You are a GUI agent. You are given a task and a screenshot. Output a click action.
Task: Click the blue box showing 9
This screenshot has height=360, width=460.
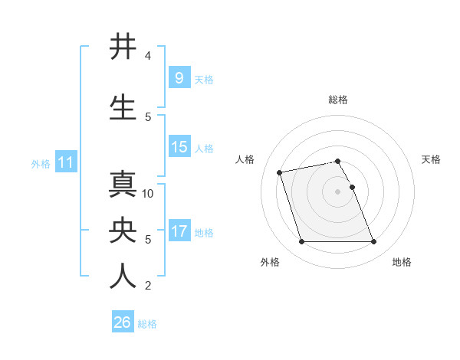point(179,78)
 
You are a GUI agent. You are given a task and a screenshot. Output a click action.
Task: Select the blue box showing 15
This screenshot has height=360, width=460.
point(179,147)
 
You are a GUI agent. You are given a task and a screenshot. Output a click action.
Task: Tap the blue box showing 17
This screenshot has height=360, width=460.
point(179,231)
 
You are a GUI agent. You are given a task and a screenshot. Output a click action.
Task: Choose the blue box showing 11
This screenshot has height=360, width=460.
point(66,162)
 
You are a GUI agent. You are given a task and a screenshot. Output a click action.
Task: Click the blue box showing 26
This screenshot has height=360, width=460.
point(122,322)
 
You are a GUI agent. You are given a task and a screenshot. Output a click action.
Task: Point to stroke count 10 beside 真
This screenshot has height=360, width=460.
point(149,193)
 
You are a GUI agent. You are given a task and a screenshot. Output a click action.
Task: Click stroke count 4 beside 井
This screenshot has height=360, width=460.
point(148,56)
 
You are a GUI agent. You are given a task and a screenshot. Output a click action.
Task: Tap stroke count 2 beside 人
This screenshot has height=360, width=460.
point(148,286)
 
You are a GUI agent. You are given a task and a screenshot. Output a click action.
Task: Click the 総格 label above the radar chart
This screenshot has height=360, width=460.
point(338,100)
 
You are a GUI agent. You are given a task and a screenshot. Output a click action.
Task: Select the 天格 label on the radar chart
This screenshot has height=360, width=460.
point(431,159)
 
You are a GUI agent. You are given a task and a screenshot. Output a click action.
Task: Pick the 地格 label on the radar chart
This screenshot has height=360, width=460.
point(402,262)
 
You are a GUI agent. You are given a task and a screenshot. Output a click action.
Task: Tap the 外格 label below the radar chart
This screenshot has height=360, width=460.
point(270,262)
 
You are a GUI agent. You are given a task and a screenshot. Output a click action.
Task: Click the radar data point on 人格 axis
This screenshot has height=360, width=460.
point(280,172)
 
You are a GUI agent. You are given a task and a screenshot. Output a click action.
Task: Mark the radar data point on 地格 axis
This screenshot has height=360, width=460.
point(373,242)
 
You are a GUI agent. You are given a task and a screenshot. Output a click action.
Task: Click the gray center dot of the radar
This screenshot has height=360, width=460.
point(337,191)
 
